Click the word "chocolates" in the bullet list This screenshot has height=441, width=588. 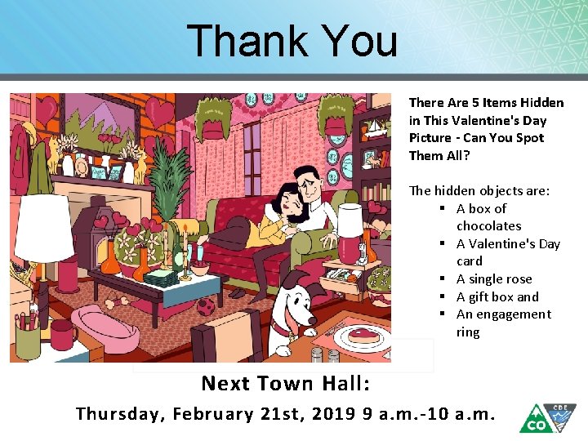point(488,226)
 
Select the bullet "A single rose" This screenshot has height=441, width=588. point(493,279)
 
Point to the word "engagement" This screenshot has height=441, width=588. point(513,314)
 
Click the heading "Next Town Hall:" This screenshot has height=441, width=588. point(285,383)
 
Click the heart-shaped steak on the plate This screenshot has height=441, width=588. point(360,334)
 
